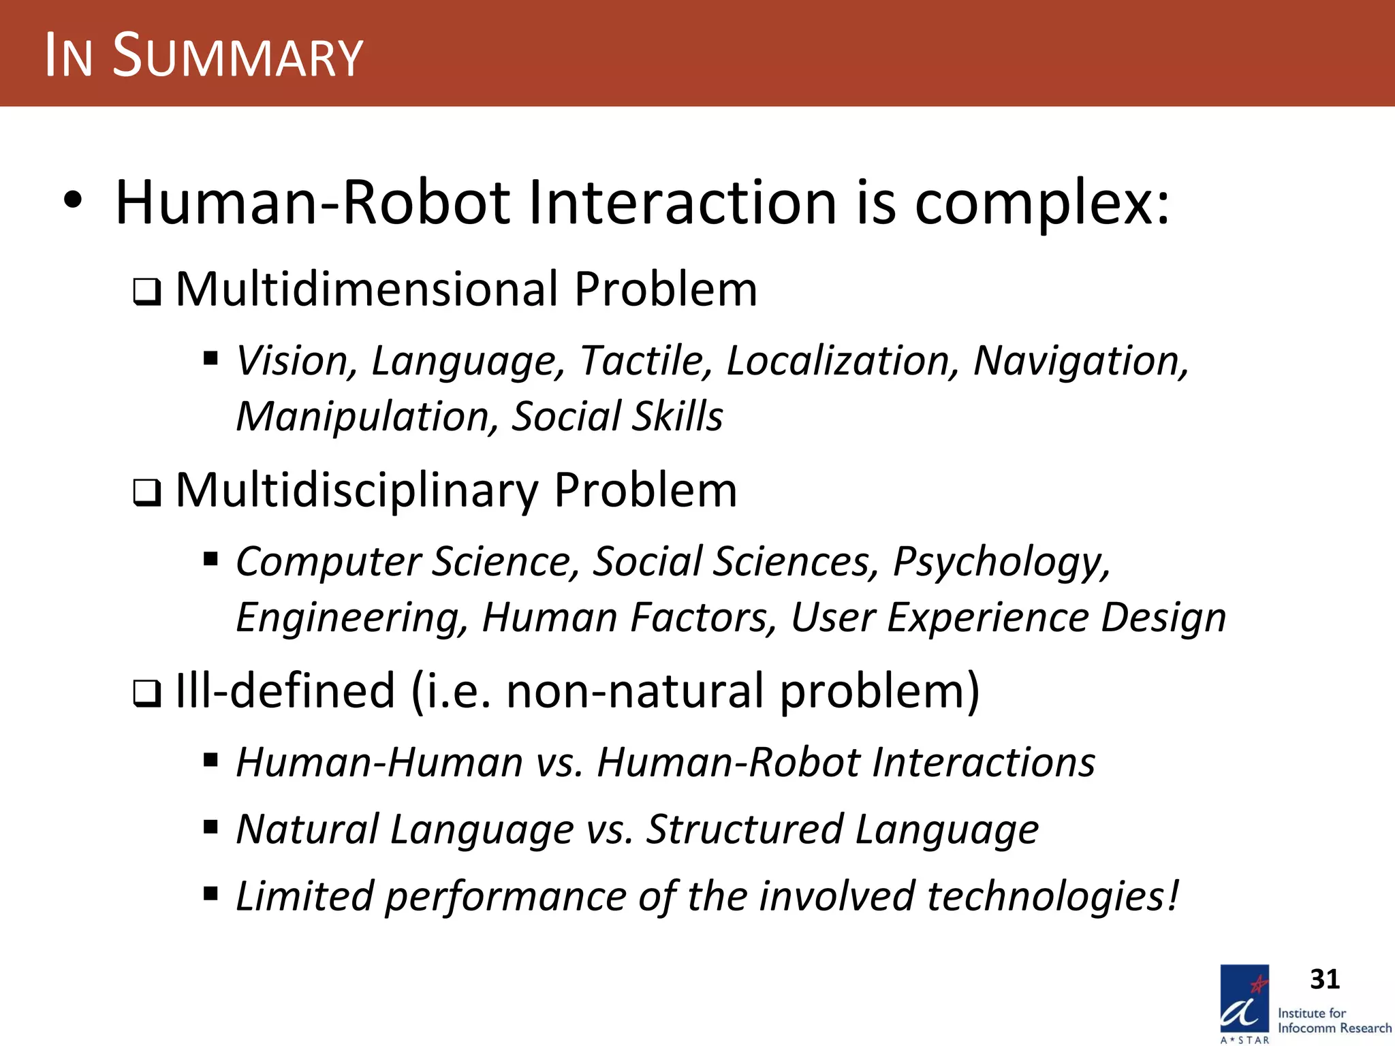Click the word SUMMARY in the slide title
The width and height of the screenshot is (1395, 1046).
[238, 56]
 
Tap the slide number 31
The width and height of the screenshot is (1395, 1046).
[1324, 979]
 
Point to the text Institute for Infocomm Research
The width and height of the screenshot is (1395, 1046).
[1334, 1020]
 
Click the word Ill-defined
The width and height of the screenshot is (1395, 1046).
[285, 691]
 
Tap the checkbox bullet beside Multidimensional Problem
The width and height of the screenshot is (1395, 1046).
[147, 293]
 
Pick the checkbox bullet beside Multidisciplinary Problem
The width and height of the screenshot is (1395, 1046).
[147, 494]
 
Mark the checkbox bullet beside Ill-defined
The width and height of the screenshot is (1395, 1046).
[147, 694]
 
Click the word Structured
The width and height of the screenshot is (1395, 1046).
[745, 829]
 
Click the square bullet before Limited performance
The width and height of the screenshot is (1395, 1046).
[210, 893]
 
